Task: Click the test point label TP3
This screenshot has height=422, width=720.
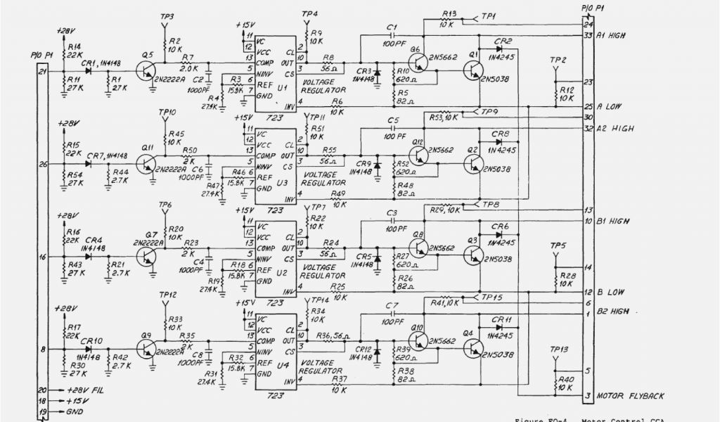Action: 167,16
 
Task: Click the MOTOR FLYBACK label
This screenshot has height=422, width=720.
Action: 630,396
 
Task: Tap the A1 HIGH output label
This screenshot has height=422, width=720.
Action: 612,35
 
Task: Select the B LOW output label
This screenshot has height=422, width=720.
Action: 610,292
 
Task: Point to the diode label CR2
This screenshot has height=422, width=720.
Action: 503,40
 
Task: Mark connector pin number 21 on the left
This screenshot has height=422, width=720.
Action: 42,71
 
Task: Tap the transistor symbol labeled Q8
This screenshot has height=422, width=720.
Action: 420,248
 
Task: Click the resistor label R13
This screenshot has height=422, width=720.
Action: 451,13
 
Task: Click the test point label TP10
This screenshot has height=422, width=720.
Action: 167,112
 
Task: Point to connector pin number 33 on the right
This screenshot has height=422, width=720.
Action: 589,35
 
